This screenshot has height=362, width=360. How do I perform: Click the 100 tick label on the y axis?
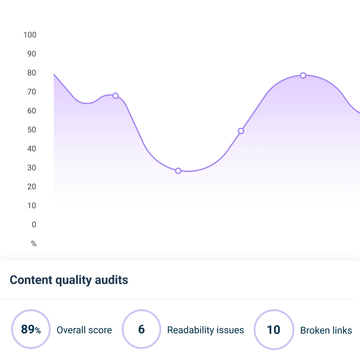click(x=30, y=35)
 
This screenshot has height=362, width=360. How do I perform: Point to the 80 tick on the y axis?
click(x=31, y=73)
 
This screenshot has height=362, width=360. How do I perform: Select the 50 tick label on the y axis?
click(x=31, y=130)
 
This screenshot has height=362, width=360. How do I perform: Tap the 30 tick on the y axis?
click(x=31, y=168)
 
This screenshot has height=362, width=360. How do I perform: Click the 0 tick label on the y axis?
click(x=34, y=224)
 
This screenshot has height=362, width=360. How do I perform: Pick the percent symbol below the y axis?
click(x=34, y=244)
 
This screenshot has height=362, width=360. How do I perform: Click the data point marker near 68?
click(x=115, y=96)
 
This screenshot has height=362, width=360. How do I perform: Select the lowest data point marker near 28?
click(x=178, y=171)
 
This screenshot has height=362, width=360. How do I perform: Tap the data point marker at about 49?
click(x=241, y=131)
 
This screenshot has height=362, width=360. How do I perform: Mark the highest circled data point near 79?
click(x=303, y=75)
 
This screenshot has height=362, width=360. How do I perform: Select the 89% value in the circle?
click(x=31, y=329)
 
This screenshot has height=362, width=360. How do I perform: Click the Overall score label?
click(x=84, y=330)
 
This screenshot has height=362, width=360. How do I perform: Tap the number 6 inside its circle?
click(x=141, y=329)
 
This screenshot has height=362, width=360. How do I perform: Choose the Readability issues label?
click(x=206, y=330)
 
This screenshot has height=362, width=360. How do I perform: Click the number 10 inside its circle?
click(x=274, y=330)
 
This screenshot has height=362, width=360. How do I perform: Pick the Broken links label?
click(x=326, y=330)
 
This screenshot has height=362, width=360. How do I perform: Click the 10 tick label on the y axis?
click(x=31, y=206)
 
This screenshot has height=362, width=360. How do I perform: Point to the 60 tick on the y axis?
click(x=31, y=111)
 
